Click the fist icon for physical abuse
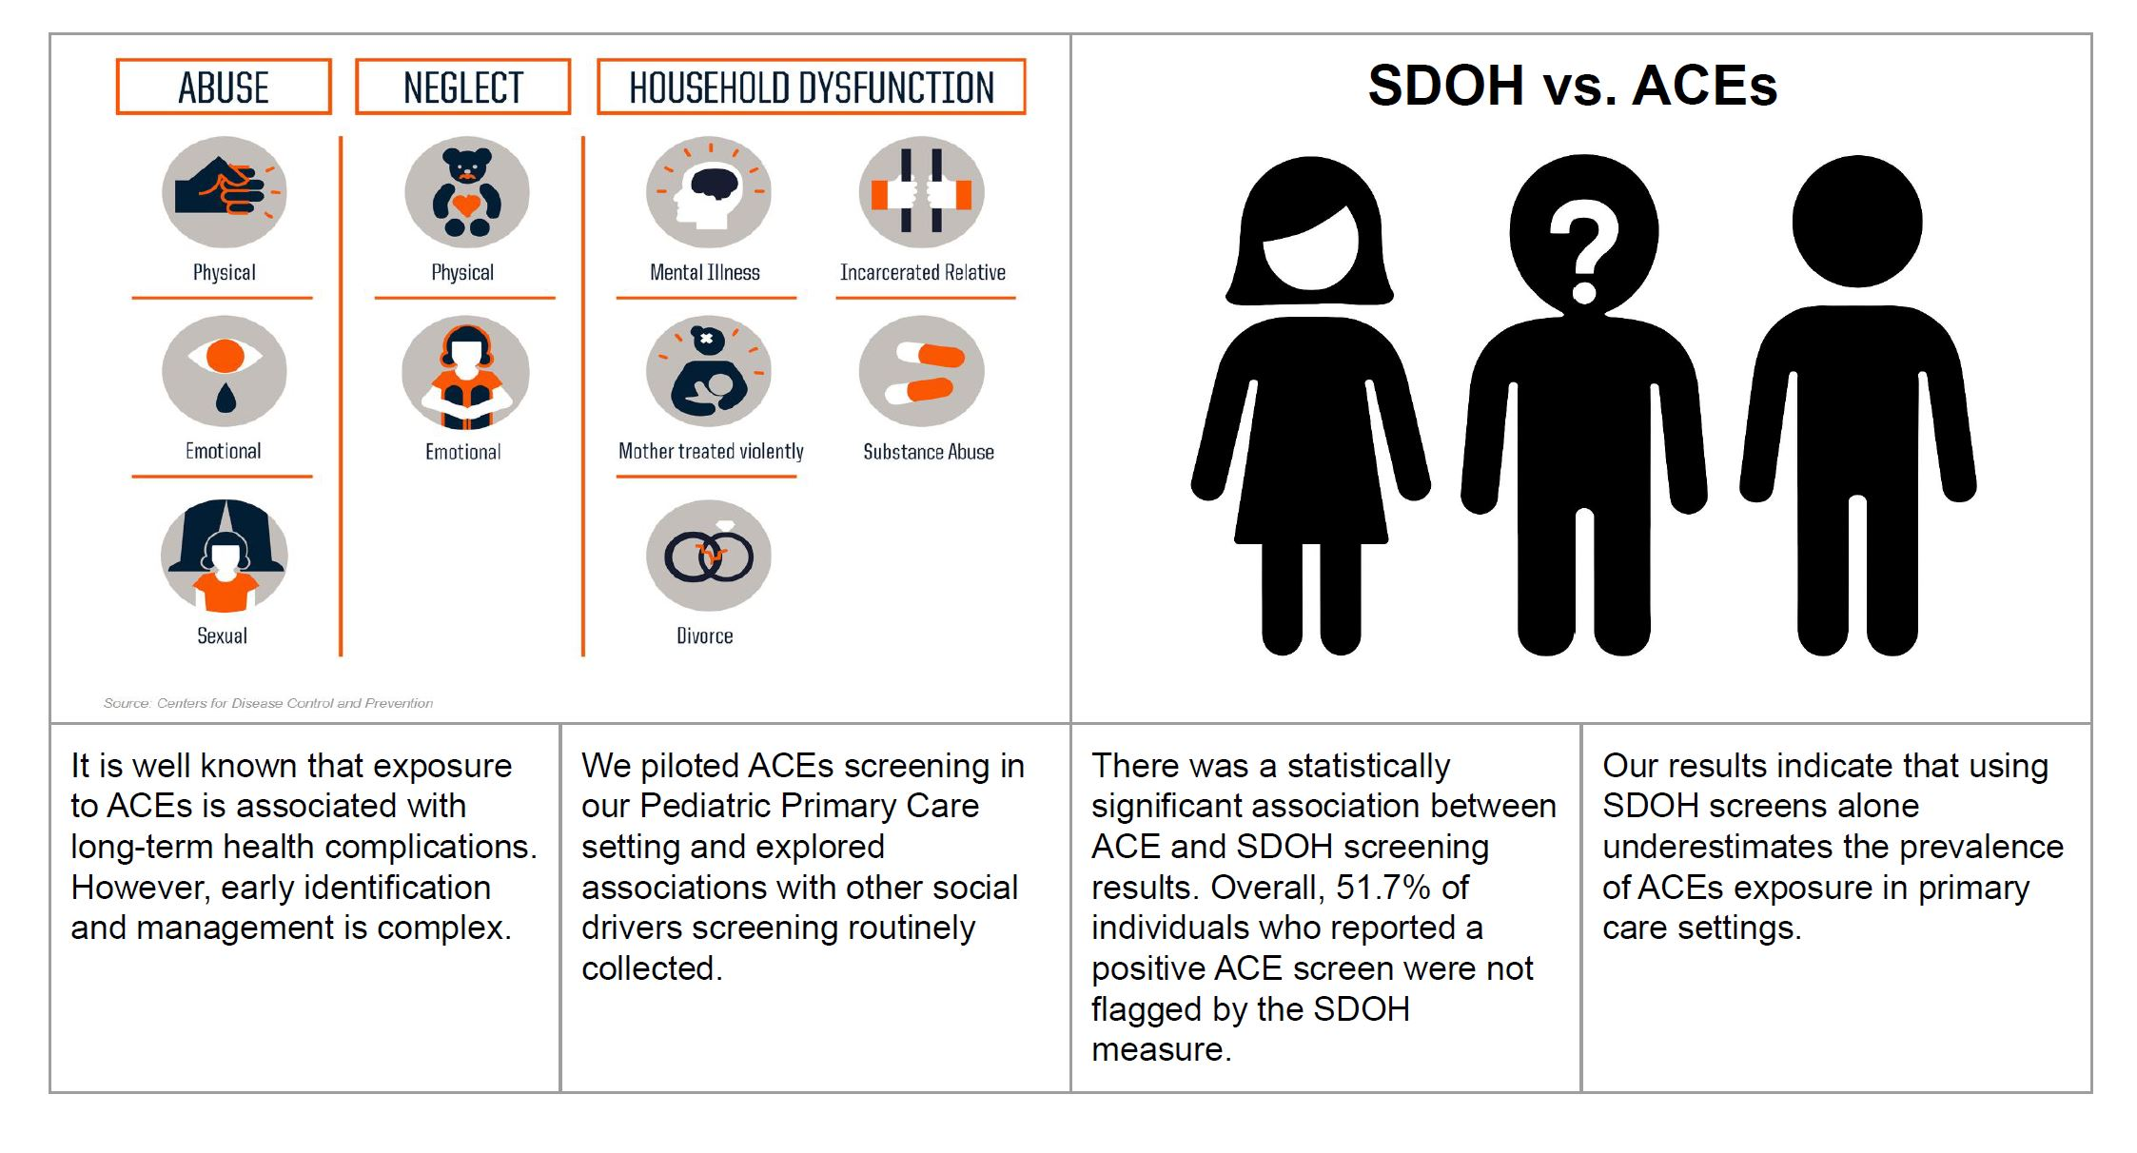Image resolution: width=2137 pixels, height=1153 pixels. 225,192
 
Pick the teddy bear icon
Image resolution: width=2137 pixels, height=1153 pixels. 466,192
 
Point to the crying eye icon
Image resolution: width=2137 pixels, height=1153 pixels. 225,371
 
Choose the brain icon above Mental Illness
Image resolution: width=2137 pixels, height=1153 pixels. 708,192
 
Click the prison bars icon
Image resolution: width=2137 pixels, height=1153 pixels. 921,192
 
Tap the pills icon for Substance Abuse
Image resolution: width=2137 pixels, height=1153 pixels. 921,371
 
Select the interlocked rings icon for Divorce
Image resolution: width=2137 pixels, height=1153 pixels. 708,556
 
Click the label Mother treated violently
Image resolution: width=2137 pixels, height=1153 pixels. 711,451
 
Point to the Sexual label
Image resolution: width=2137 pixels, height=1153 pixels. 222,635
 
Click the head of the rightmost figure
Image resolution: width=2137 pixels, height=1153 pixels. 1857,221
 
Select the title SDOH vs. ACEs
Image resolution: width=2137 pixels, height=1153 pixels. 1572,85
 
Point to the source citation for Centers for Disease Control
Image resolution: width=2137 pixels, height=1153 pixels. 268,703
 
